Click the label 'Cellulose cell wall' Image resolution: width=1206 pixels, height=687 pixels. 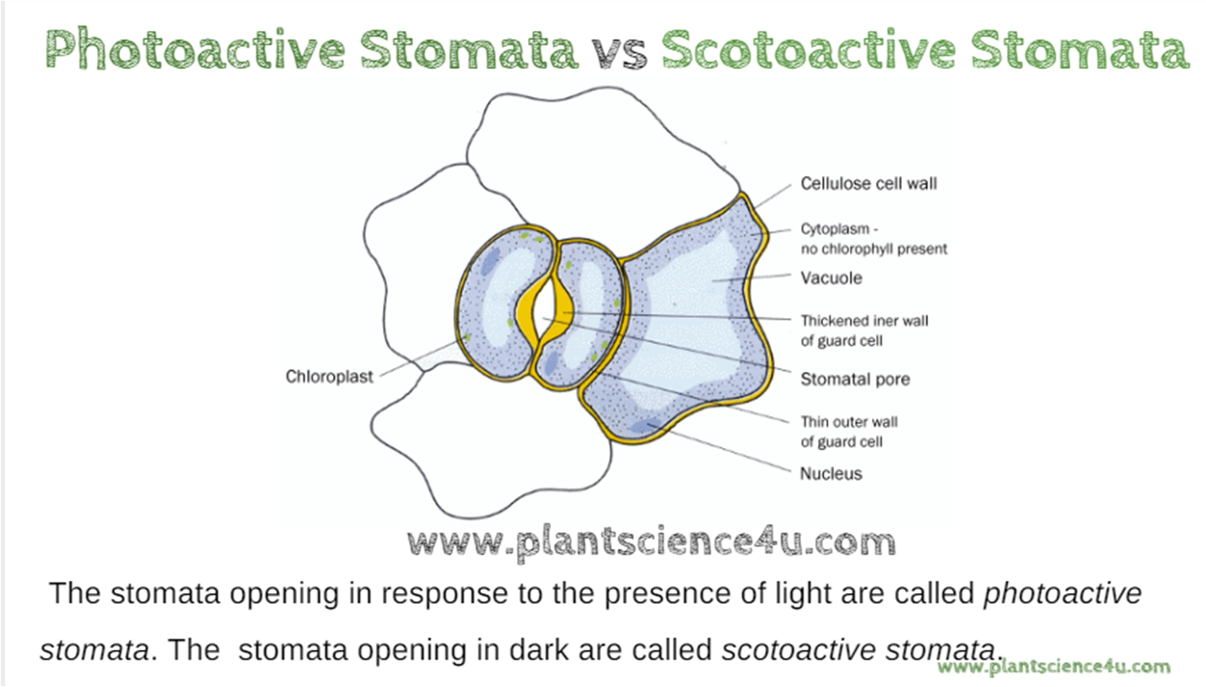(x=868, y=184)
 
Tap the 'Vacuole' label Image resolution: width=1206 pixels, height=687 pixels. (x=831, y=278)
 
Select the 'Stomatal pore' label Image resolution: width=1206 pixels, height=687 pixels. (x=855, y=379)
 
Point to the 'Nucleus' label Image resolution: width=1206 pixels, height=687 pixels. (x=830, y=473)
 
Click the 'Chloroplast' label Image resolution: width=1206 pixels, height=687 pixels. (x=330, y=377)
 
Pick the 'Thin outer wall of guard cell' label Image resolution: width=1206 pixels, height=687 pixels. (x=849, y=431)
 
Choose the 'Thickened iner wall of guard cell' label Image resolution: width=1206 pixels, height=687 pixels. (x=864, y=330)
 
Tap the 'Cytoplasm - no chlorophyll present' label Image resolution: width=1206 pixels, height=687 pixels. (x=873, y=239)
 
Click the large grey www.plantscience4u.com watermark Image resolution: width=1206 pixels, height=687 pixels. (x=653, y=542)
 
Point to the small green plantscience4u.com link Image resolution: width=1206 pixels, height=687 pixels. (x=1054, y=667)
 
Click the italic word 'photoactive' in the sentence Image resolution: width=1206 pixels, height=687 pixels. (x=1062, y=593)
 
